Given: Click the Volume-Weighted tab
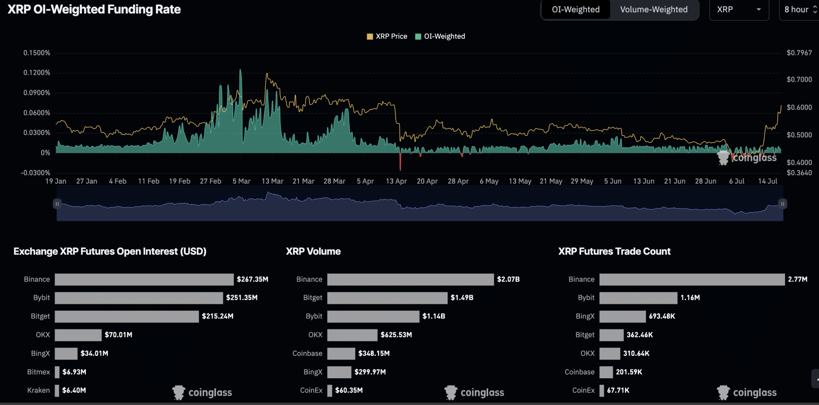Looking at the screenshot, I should (x=653, y=10).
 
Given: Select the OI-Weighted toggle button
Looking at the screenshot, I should (x=575, y=10).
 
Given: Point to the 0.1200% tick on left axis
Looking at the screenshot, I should (x=37, y=73).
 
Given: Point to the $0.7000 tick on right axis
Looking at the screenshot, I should (x=799, y=79).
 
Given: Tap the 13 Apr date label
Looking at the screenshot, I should (x=396, y=181).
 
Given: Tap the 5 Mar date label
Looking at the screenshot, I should (x=242, y=181).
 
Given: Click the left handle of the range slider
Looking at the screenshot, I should (x=57, y=204).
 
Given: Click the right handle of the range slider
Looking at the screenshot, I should (x=783, y=204).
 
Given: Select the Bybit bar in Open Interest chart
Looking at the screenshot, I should (x=138, y=298).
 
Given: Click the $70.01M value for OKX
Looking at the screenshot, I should (x=118, y=335).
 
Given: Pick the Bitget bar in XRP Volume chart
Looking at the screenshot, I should (x=387, y=298).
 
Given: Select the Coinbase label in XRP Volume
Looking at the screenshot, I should (x=307, y=353).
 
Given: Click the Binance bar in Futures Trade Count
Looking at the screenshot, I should (x=691, y=280).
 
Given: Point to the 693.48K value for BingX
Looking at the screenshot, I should (x=662, y=316).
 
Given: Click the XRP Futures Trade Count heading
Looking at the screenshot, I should (x=614, y=252).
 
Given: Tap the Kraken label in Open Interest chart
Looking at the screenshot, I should (x=38, y=390).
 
